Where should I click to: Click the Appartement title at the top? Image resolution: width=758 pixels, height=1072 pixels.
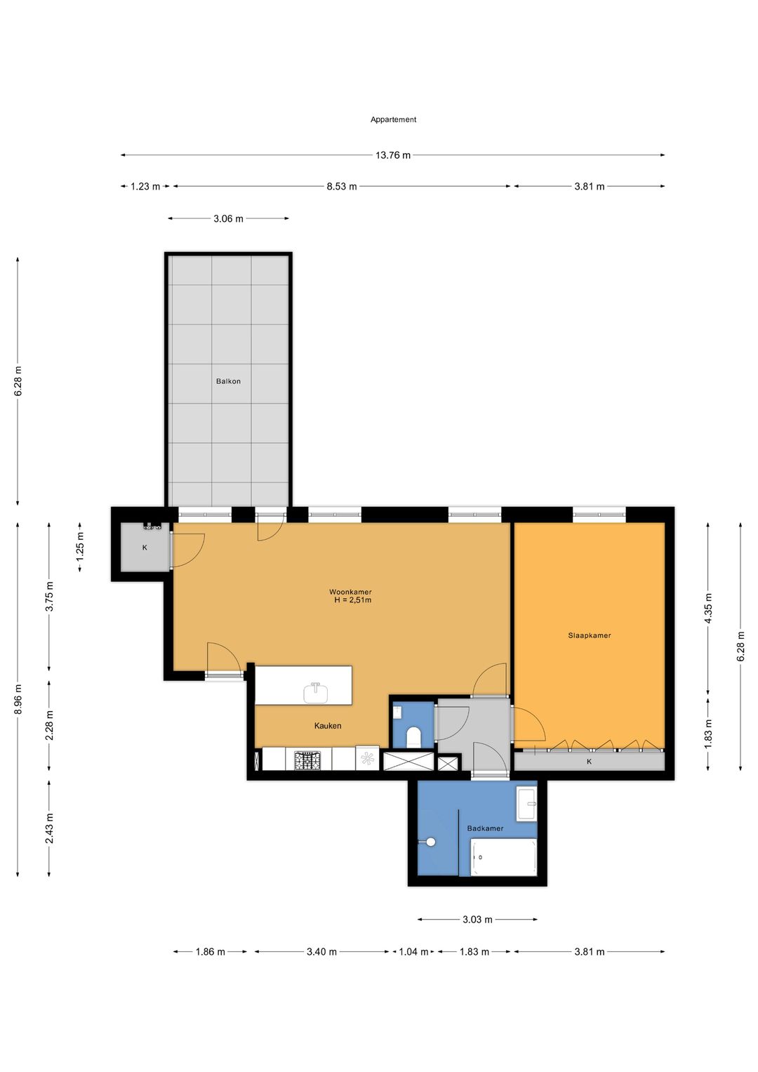[x=393, y=119]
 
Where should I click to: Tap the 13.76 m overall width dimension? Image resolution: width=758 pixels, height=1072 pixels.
[x=393, y=155]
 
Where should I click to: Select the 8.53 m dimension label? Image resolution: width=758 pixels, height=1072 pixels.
[x=342, y=187]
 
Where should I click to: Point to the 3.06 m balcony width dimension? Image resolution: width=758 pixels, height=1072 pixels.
[x=228, y=219]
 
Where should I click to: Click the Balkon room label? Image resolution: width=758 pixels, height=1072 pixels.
[x=228, y=381]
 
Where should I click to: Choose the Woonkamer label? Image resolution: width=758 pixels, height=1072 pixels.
[x=350, y=592]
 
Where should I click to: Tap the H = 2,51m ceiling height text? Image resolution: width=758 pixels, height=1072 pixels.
[x=352, y=600]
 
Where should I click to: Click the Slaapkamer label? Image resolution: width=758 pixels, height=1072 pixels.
[x=589, y=635]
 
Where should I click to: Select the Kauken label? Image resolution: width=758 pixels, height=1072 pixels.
[x=328, y=726]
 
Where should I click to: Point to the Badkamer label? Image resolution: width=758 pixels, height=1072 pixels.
[x=485, y=828]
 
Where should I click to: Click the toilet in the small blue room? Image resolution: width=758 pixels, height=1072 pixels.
[x=413, y=737]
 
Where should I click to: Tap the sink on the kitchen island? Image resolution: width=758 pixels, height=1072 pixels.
[x=316, y=693]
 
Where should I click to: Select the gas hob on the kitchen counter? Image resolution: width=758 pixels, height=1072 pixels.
[x=307, y=760]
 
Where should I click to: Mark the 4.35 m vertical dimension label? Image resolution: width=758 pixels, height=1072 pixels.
[x=708, y=608]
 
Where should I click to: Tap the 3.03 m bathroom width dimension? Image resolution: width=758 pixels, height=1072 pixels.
[x=477, y=920]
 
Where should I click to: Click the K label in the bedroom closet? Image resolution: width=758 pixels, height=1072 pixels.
[x=589, y=762]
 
